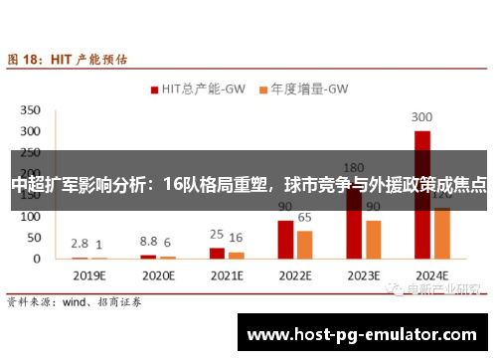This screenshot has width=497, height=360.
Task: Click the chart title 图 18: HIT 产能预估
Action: (68, 60)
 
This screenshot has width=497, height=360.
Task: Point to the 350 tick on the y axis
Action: (30, 109)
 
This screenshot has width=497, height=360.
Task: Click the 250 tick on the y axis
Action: (30, 152)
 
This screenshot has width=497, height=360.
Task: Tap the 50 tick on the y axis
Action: (33, 238)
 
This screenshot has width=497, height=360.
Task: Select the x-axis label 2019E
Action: (88, 273)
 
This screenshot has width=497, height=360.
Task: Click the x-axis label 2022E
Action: (295, 273)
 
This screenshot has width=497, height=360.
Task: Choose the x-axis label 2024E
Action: (432, 273)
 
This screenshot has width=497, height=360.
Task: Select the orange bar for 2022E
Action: (305, 245)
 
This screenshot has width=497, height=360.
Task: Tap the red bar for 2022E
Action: (285, 240)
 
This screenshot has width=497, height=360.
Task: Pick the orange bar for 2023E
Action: (374, 240)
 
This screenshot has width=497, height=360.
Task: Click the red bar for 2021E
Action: (217, 253)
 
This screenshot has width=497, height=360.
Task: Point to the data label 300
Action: (422, 116)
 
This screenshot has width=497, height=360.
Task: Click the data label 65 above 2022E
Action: (305, 217)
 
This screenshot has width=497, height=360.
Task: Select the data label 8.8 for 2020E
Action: (148, 242)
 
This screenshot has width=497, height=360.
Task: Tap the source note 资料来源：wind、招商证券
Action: (75, 299)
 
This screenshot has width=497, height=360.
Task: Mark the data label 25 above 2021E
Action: (216, 235)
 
